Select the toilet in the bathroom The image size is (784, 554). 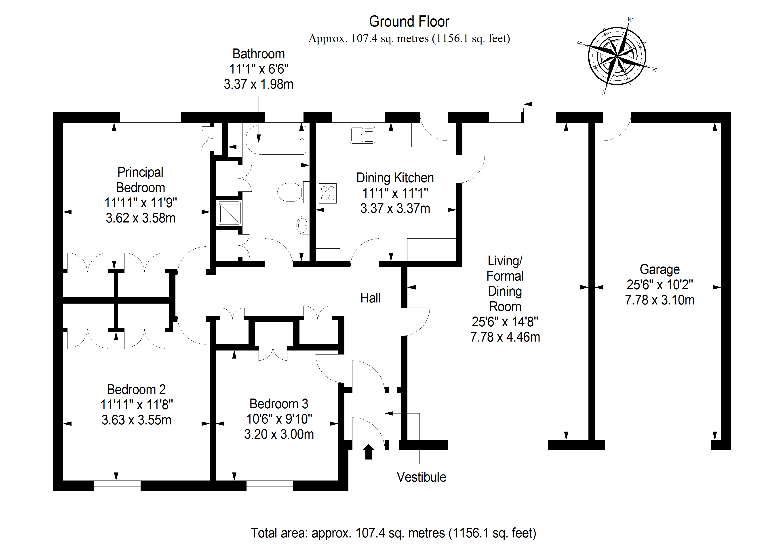point(293,192)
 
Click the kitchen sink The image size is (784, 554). point(362,134)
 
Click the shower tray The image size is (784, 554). point(229,213)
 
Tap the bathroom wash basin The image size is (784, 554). point(303,225)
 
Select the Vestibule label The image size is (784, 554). point(421,477)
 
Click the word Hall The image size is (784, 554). point(371,298)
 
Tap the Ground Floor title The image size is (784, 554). point(409,21)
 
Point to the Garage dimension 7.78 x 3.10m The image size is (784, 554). point(660,300)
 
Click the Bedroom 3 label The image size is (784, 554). point(279,404)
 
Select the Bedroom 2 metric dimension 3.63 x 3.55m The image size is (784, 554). point(136,420)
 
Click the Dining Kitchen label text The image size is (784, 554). point(395,178)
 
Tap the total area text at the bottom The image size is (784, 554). point(393,533)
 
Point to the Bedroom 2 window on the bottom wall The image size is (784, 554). point(117,485)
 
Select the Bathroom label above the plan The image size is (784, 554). point(259,54)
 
